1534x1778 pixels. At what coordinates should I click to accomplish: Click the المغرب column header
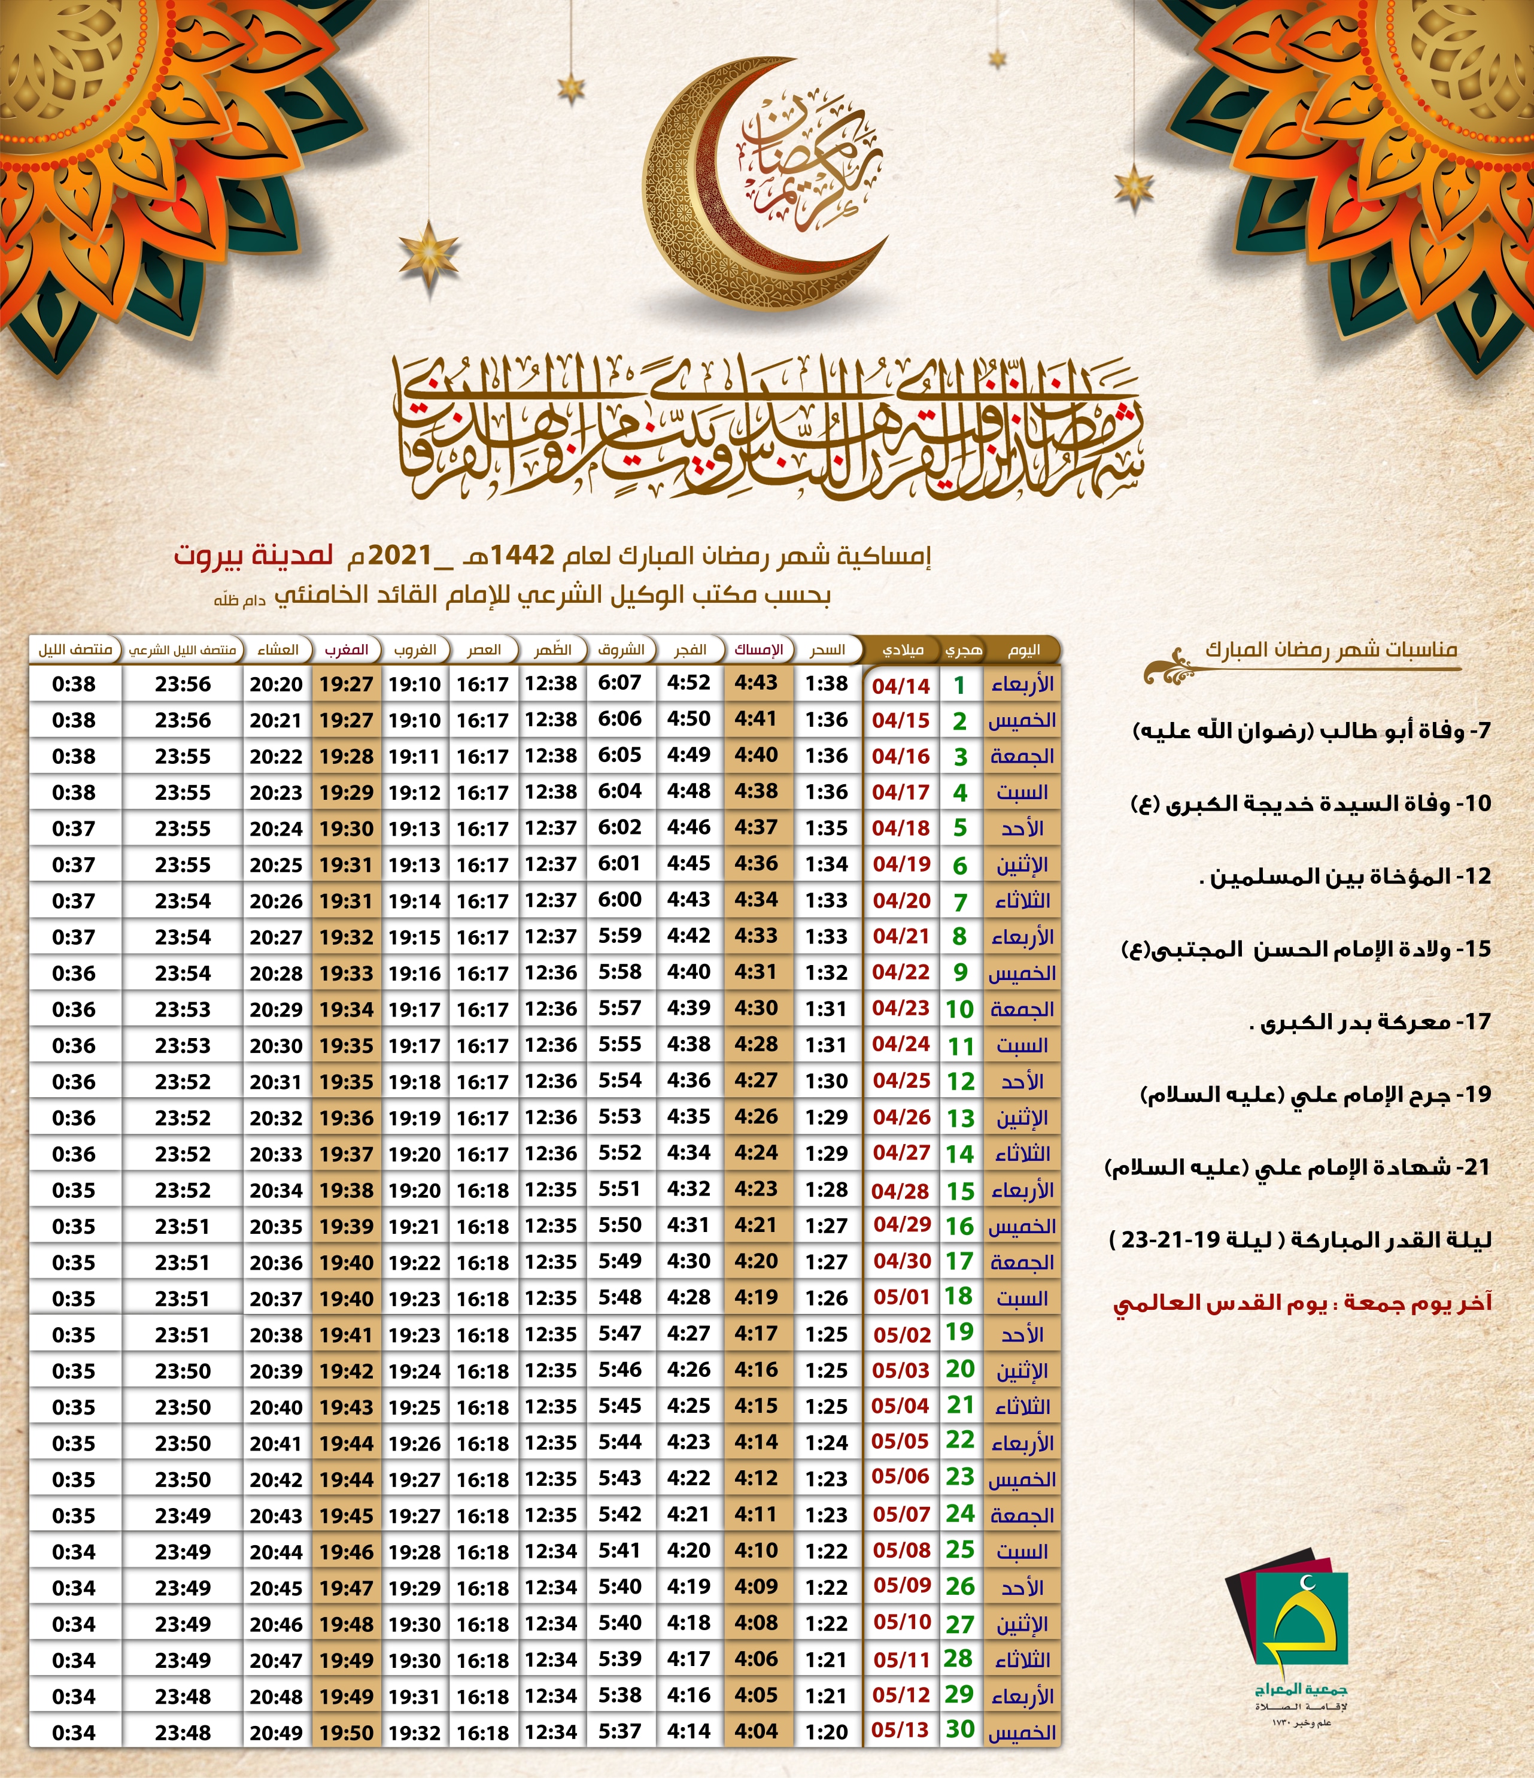(x=347, y=650)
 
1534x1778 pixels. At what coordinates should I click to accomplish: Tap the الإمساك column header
(x=758, y=650)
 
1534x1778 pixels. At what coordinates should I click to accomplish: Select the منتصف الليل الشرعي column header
(x=182, y=650)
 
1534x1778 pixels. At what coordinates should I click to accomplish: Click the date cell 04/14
(x=901, y=685)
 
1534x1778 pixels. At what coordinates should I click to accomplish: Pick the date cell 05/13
(x=900, y=1730)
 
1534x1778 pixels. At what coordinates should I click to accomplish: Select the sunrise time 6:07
(x=619, y=683)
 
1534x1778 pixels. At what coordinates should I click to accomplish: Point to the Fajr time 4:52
(x=689, y=683)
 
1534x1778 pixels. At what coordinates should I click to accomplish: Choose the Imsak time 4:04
(x=756, y=1730)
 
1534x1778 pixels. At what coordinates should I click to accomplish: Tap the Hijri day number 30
(x=960, y=1729)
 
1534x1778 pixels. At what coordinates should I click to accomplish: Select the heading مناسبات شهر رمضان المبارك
(x=1331, y=649)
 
